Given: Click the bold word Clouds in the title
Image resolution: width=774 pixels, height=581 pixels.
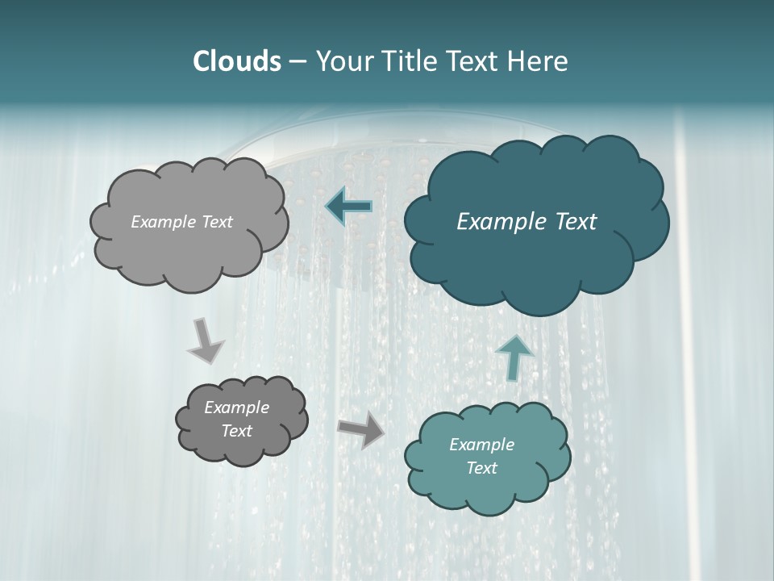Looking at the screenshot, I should [236, 61].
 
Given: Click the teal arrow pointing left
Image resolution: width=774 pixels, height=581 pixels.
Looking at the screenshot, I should [349, 207].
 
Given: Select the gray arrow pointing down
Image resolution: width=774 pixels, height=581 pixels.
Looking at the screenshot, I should [205, 340].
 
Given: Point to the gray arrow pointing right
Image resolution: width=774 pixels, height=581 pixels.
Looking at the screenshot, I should [361, 429].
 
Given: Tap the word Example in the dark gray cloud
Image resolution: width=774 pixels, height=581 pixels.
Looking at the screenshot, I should [237, 408].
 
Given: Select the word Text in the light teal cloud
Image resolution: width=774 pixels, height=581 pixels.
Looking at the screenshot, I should [482, 468].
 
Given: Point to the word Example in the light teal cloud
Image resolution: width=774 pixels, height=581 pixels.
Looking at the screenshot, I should [482, 445].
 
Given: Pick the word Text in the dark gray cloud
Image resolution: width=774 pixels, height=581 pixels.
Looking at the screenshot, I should [237, 431].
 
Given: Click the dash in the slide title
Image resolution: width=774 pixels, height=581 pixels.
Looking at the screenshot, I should [297, 62].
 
